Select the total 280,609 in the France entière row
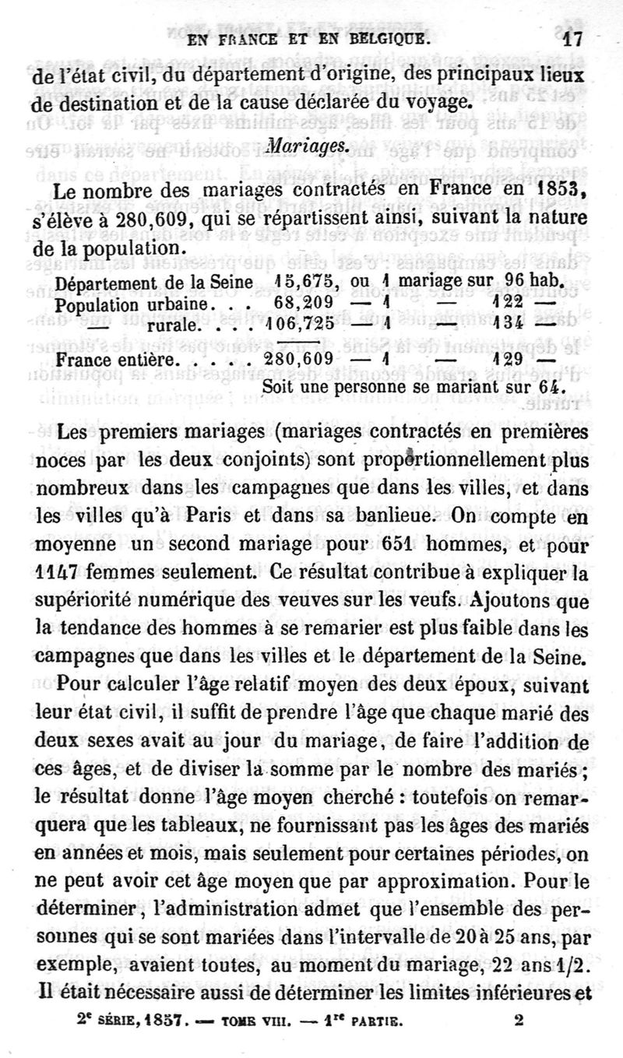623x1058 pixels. pos(299,361)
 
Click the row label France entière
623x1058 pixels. pos(119,362)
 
